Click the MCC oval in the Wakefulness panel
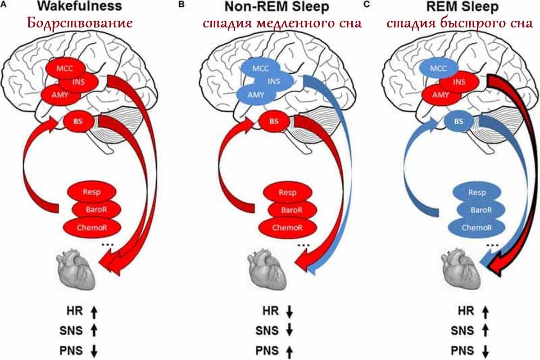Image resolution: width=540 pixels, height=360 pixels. tap(65, 68)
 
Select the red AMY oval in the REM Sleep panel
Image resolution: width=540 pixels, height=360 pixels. tap(440, 95)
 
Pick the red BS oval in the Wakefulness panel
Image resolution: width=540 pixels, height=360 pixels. tap(78, 121)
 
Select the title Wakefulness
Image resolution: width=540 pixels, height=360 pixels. tap(80, 7)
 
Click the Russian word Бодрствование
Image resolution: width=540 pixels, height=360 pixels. tap(80, 23)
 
